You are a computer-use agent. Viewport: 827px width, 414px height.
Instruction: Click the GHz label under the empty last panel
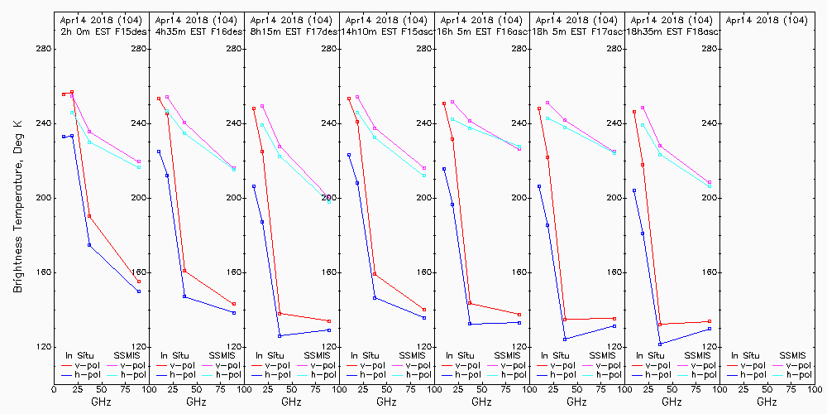[x=767, y=402]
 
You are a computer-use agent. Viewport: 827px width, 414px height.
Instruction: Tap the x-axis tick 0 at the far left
[x=55, y=387]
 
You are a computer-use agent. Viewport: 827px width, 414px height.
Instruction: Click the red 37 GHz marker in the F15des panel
[x=89, y=216]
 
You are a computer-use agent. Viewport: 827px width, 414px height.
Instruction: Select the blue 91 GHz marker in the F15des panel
[x=139, y=291]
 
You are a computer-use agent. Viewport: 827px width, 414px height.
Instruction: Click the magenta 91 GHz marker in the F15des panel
[x=139, y=161]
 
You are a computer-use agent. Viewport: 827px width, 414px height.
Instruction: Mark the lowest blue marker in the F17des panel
[x=280, y=335]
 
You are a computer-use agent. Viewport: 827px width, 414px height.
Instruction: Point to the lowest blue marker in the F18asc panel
[x=660, y=344]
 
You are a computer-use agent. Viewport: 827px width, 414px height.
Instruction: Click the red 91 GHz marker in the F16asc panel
[x=519, y=315]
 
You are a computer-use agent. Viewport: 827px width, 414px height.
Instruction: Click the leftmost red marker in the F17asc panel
[x=539, y=108]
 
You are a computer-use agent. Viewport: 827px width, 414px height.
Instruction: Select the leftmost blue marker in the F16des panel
[x=159, y=152]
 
